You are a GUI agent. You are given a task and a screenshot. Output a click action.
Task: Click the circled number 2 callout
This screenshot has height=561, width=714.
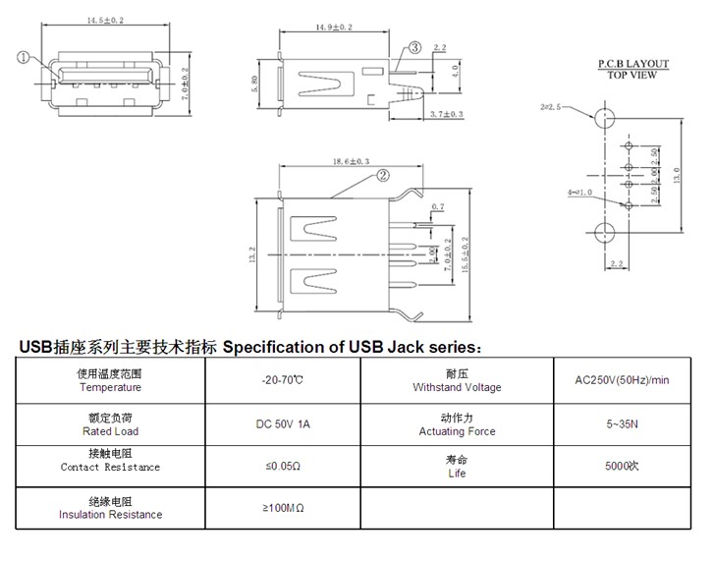pyautogui.click(x=382, y=177)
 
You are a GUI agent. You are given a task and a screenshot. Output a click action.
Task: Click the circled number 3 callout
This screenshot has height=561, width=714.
pyautogui.click(x=414, y=47)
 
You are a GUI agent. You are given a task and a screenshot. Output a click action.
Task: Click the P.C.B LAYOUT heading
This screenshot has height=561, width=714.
pyautogui.click(x=632, y=64)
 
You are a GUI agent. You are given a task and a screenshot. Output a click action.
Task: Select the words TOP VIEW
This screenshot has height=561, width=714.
pyautogui.click(x=632, y=75)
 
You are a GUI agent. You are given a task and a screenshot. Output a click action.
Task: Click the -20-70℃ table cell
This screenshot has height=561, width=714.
pyautogui.click(x=282, y=380)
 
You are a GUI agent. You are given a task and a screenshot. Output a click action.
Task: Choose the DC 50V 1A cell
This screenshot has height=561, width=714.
pyautogui.click(x=282, y=424)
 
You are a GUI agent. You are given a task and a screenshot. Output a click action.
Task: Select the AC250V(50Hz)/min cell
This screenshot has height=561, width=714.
pyautogui.click(x=622, y=380)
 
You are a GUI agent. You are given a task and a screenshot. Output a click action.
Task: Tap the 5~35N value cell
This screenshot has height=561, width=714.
pyautogui.click(x=622, y=424)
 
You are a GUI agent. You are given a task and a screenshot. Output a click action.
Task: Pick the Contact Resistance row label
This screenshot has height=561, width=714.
pyautogui.click(x=110, y=468)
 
